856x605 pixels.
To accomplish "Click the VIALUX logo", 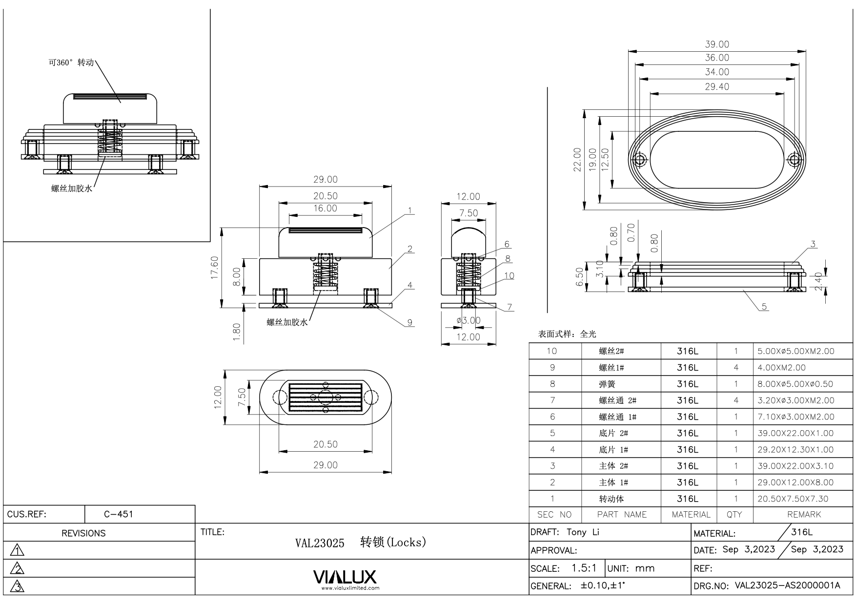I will click(345, 578).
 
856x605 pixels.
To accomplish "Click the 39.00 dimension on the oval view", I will click(717, 44).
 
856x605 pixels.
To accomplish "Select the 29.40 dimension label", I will click(717, 87).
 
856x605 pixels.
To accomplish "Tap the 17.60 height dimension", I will click(215, 268).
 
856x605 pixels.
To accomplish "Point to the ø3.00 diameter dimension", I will click(469, 320).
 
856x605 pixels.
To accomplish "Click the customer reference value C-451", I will click(119, 514).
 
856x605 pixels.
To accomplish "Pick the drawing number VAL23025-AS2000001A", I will click(787, 585).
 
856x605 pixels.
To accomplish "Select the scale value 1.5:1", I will click(584, 568).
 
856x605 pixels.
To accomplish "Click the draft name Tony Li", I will click(583, 532).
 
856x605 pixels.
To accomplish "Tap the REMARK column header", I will click(804, 514).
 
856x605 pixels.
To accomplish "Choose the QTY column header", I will click(734, 514).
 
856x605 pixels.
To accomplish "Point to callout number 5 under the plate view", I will click(764, 307).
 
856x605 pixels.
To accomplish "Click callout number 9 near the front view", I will click(410, 322).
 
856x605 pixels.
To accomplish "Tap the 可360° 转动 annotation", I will click(71, 63).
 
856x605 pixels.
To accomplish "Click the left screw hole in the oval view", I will click(640, 160).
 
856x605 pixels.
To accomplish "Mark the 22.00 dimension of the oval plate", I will click(578, 160).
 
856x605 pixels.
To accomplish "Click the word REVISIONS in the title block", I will click(83, 533).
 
